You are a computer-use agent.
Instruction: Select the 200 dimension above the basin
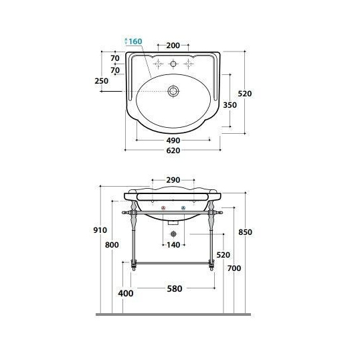pos(173,46)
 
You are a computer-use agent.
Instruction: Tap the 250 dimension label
pos(102,81)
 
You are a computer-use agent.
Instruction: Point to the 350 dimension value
pos(230,105)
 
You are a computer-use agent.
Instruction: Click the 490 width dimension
pos(173,141)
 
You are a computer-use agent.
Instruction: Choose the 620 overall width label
pos(173,151)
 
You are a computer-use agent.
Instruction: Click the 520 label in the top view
pos(245,94)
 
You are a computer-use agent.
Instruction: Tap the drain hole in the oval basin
pos(173,91)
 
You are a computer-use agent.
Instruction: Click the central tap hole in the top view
pos(173,64)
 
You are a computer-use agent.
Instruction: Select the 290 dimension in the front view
pos(173,180)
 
